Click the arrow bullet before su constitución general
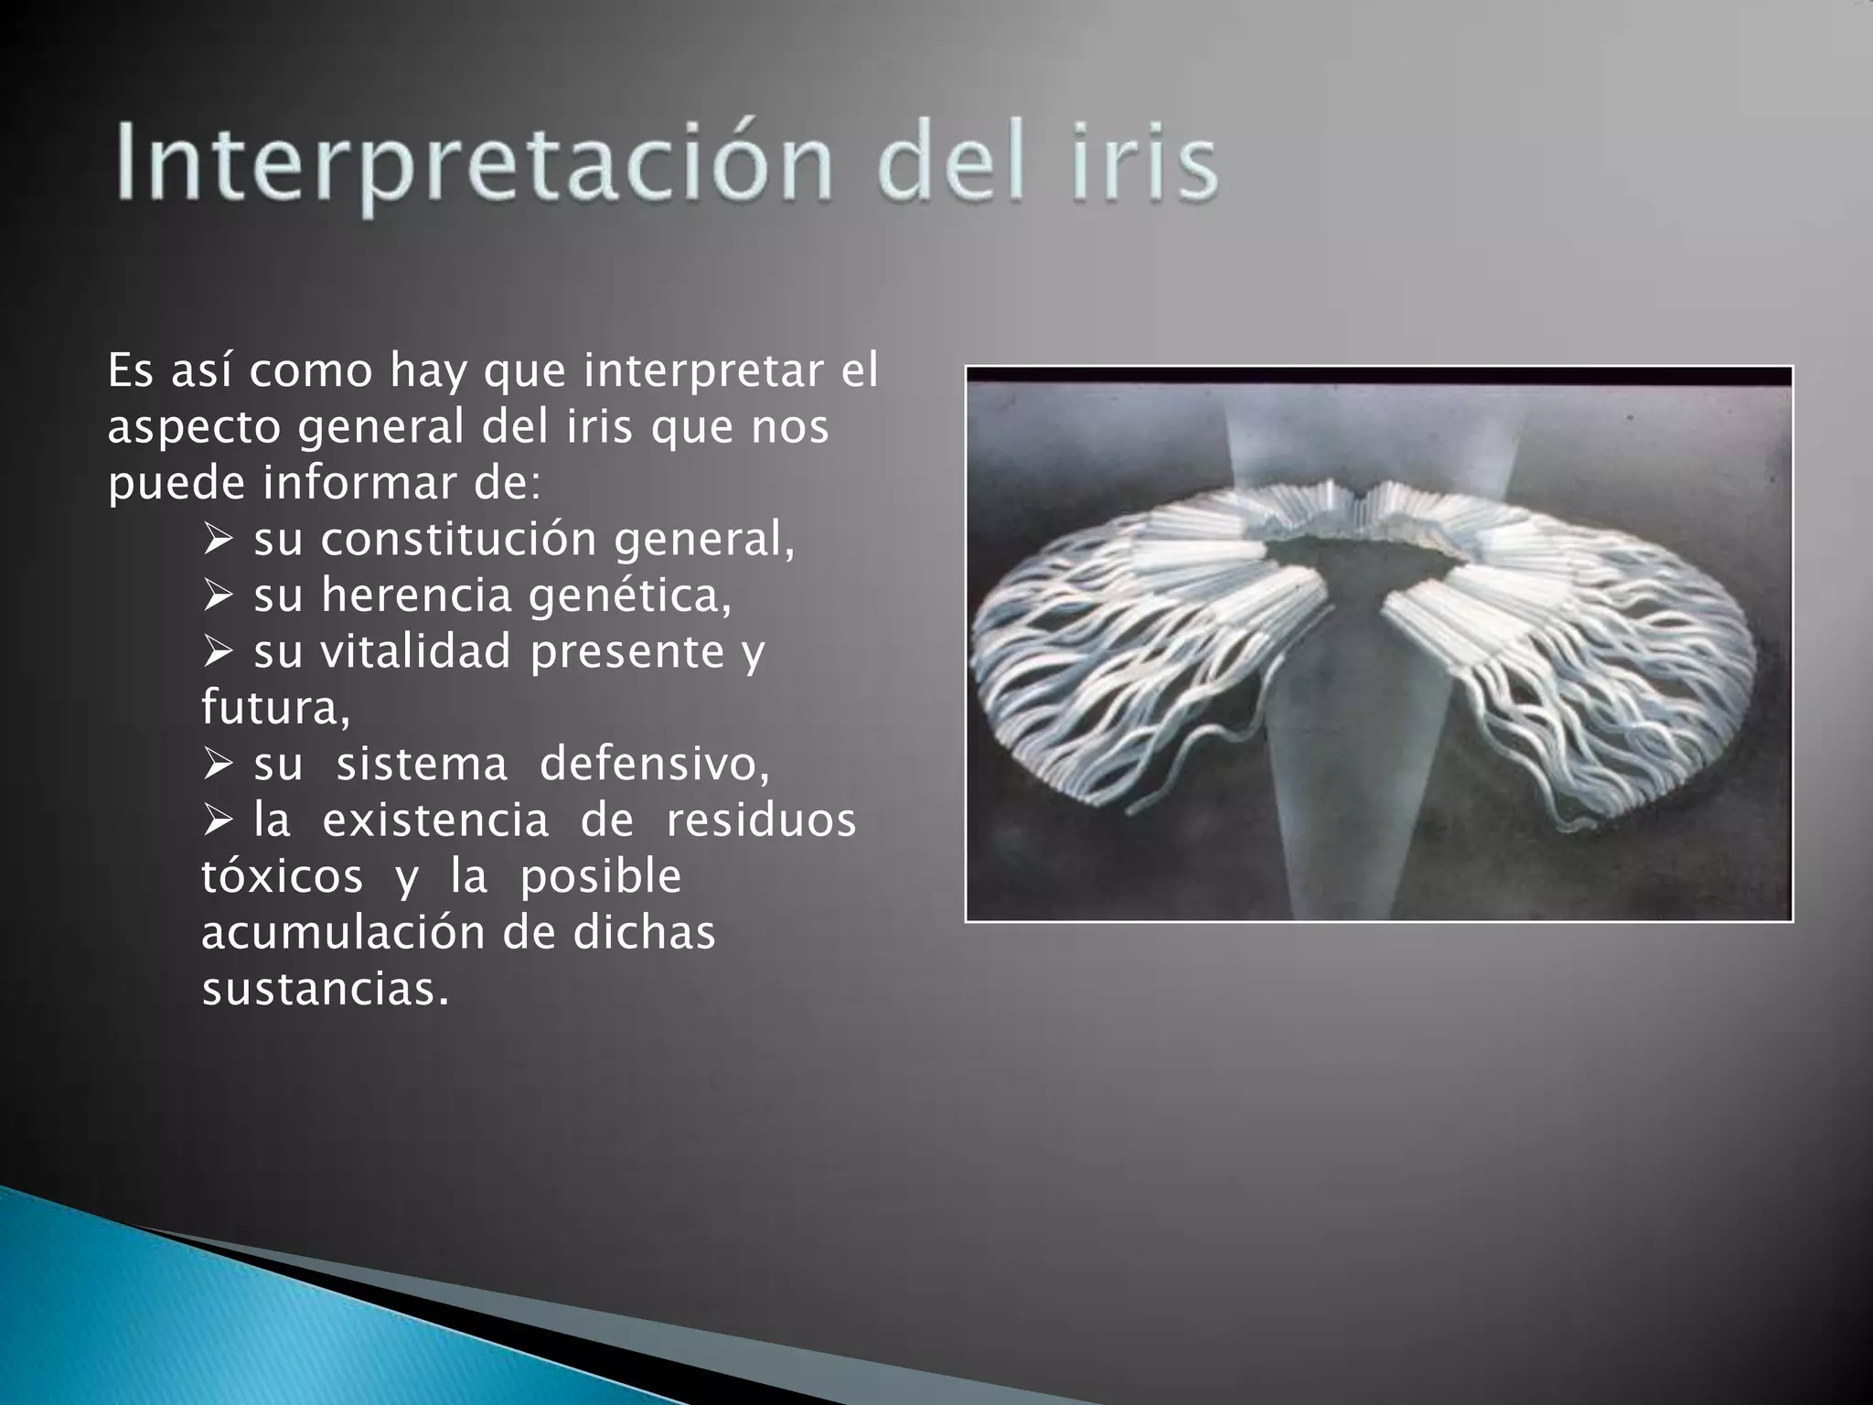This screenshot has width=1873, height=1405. [219, 541]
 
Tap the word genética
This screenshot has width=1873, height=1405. [630, 595]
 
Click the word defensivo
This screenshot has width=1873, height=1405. [654, 765]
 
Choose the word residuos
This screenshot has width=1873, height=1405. [760, 820]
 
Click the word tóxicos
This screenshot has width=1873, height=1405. [282, 877]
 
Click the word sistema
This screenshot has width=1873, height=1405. [422, 765]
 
